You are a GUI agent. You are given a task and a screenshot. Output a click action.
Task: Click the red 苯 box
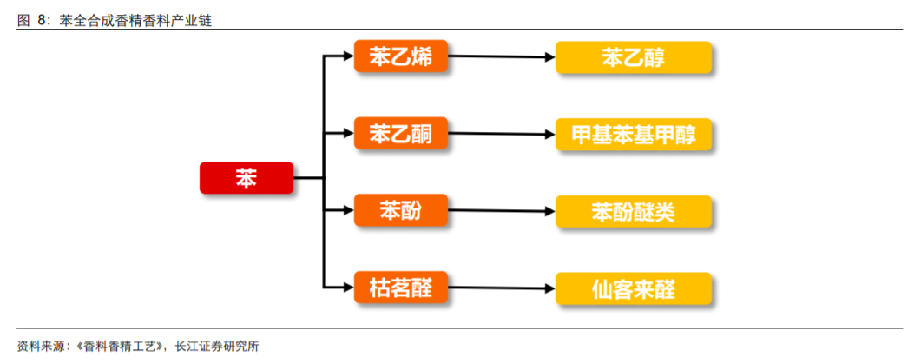point(247,178)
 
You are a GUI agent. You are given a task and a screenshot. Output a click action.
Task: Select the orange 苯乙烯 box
point(400,58)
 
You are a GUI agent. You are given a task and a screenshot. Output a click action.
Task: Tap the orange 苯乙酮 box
point(400,134)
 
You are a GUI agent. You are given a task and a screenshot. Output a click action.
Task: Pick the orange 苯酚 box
point(400,210)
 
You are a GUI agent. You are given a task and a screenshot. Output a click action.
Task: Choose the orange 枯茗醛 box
point(400,285)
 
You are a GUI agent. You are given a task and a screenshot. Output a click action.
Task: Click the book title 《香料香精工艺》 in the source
point(119,346)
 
